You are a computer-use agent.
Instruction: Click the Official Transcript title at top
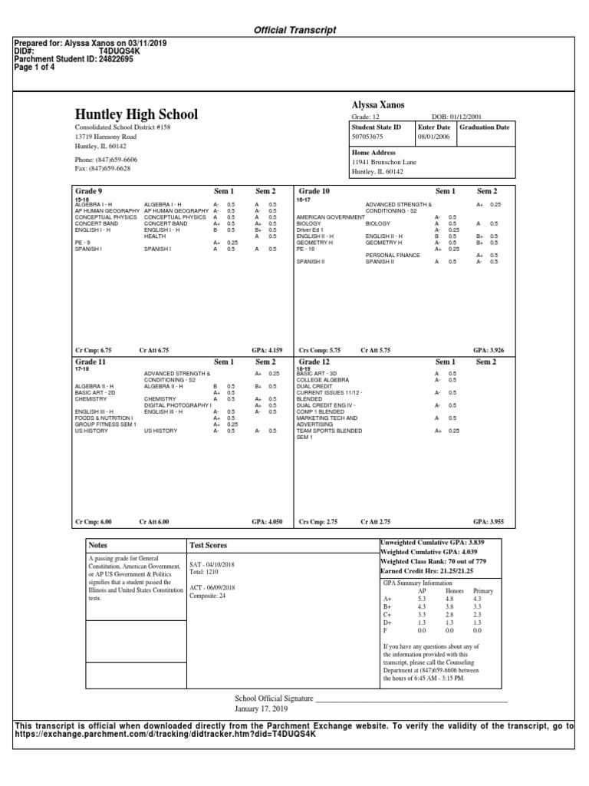(294, 30)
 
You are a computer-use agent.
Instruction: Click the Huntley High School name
(136, 114)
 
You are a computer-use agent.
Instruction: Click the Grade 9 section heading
(88, 190)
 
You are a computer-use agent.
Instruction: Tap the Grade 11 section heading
(90, 362)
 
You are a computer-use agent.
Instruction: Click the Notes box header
(100, 544)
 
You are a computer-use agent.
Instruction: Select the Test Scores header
(208, 545)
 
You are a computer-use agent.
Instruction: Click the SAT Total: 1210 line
(204, 572)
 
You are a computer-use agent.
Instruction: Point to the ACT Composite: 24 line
(208, 596)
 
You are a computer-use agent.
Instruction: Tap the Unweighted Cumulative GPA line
(434, 543)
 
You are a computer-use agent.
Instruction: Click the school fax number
(102, 168)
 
